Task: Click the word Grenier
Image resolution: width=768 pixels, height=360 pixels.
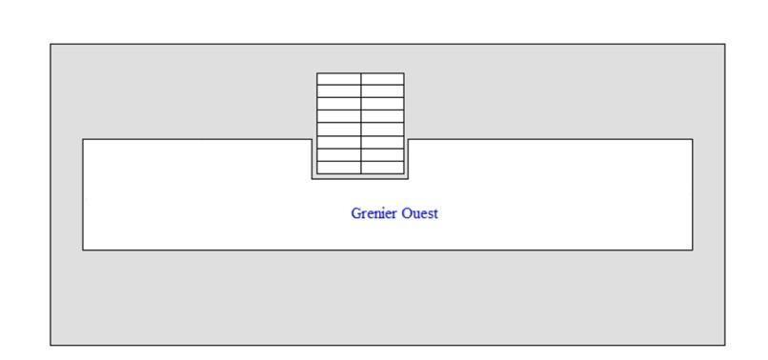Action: (x=374, y=214)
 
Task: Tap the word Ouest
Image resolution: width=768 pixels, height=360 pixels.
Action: (x=420, y=213)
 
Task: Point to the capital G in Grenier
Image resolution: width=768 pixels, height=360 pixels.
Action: (x=356, y=213)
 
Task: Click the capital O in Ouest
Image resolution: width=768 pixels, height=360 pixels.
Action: (x=407, y=213)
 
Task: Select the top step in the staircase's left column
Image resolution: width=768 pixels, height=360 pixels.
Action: (x=339, y=79)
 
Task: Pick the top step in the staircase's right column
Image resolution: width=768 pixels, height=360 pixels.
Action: (x=382, y=79)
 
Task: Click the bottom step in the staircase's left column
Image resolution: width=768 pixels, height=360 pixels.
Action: (x=339, y=168)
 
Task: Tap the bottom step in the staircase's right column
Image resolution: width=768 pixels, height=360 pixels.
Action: (x=382, y=168)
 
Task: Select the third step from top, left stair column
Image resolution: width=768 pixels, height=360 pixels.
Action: (x=339, y=104)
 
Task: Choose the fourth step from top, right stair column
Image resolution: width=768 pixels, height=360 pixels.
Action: (x=382, y=116)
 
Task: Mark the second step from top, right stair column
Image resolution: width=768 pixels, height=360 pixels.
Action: (x=382, y=91)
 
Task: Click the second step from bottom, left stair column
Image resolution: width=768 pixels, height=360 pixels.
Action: (x=339, y=155)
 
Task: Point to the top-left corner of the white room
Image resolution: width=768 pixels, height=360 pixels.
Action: (x=83, y=139)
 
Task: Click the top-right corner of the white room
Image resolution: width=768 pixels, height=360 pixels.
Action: (x=693, y=139)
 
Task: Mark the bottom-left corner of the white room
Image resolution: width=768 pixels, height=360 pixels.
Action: (x=83, y=250)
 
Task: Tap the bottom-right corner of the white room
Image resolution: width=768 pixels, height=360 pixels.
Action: (x=693, y=250)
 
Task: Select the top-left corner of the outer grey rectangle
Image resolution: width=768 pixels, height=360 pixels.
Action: (x=51, y=44)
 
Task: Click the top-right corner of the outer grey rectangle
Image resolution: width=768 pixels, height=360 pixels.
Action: (x=725, y=44)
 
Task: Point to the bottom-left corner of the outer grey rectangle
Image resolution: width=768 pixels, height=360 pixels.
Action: (x=51, y=346)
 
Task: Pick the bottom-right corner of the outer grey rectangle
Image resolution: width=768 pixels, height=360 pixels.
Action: (x=725, y=346)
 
